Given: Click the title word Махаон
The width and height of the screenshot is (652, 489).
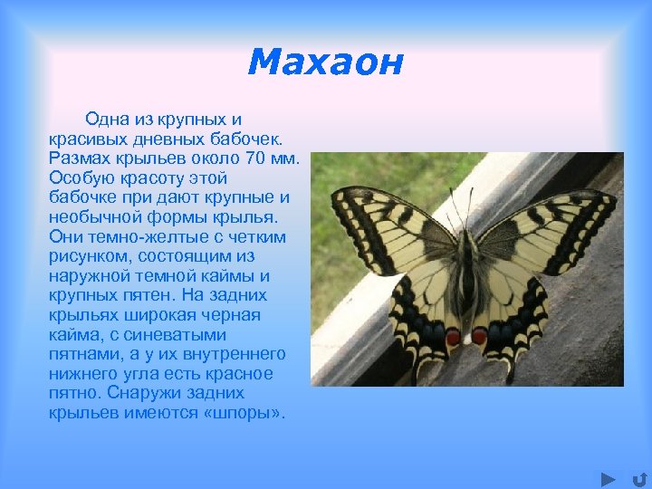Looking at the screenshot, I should (x=325, y=62).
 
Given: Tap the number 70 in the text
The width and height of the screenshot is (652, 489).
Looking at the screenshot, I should (x=256, y=158).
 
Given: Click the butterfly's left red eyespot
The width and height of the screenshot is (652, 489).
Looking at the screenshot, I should (x=453, y=337).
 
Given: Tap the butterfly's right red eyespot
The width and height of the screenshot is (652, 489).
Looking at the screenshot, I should (x=479, y=336).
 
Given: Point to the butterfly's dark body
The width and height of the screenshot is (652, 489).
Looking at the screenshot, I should (x=466, y=281).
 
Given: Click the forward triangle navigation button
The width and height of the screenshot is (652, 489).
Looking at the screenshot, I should (x=609, y=478).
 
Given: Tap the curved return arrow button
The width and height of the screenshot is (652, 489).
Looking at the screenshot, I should (x=638, y=478).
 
